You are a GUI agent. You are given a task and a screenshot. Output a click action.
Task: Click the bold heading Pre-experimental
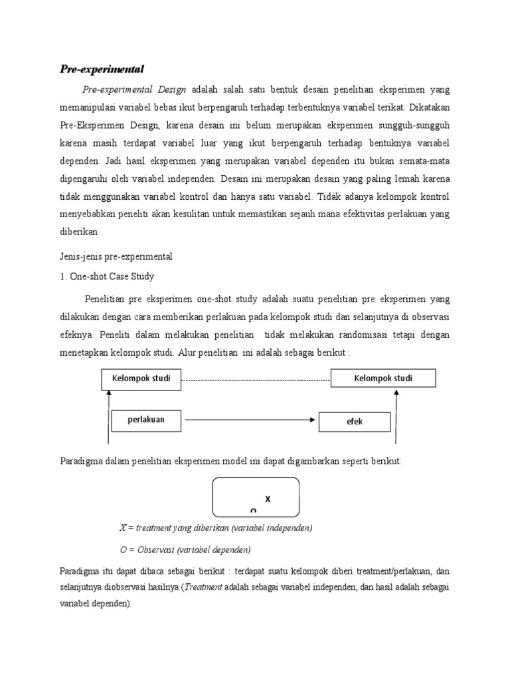pyautogui.click(x=102, y=69)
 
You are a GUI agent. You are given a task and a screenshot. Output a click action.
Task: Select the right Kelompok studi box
pyautogui.click(x=383, y=379)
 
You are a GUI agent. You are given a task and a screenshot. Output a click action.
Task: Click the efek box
pyautogui.click(x=355, y=422)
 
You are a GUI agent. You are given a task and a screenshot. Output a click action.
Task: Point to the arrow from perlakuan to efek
pyautogui.click(x=249, y=420)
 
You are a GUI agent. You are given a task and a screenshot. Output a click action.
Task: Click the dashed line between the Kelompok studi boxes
pyautogui.click(x=256, y=380)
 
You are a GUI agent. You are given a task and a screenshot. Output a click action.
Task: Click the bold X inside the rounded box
pyautogui.click(x=268, y=498)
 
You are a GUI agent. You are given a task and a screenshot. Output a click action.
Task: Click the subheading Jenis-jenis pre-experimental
pyautogui.click(x=116, y=256)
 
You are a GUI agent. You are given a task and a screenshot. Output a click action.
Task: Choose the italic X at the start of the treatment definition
pyautogui.click(x=122, y=528)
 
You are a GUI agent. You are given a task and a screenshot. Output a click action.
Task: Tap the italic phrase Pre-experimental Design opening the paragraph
pyautogui.click(x=134, y=89)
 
